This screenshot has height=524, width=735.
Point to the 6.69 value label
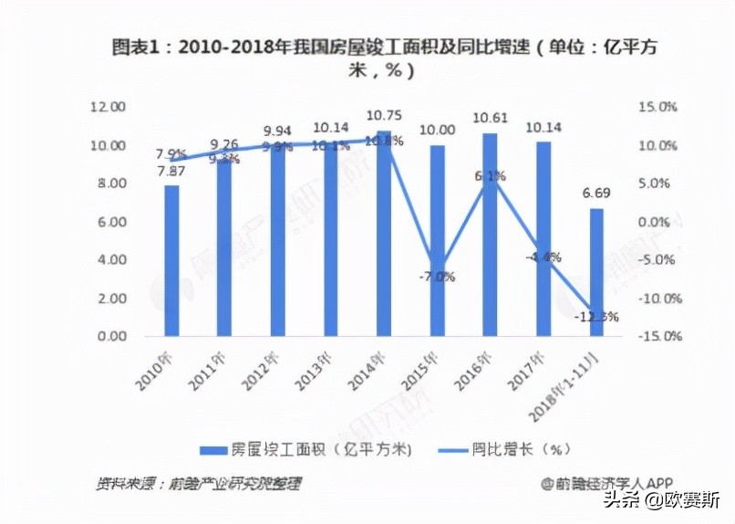pyautogui.click(x=596, y=194)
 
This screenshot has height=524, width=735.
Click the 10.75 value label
pyautogui.click(x=384, y=116)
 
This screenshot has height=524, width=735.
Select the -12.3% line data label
pyautogui.click(x=597, y=317)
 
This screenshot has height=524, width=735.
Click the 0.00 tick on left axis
pyautogui.click(x=111, y=336)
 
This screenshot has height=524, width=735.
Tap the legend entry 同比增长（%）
pyautogui.click(x=505, y=449)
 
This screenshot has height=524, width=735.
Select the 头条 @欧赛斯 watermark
pyautogui.click(x=662, y=501)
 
